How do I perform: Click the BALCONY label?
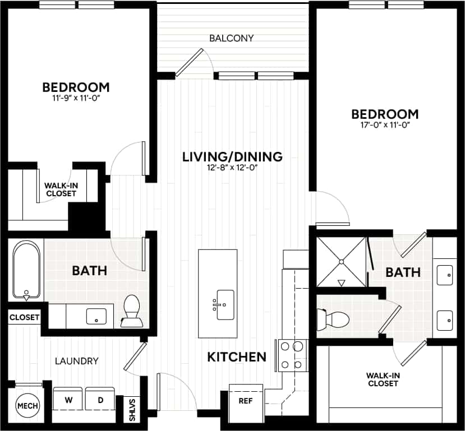click(x=232, y=39)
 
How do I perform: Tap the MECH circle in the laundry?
click(x=24, y=405)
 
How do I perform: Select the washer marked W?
click(x=68, y=400)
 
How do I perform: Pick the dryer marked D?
click(x=101, y=400)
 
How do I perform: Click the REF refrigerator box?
click(x=245, y=402)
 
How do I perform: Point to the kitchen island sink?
click(x=225, y=305)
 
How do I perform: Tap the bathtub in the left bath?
click(x=26, y=270)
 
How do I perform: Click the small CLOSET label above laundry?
click(x=24, y=317)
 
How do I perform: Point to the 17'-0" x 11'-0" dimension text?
click(x=385, y=125)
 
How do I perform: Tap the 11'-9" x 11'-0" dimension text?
click(x=76, y=99)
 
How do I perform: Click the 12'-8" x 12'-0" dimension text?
click(x=232, y=168)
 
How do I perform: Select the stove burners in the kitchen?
click(x=292, y=355)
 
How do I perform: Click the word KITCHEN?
click(x=236, y=357)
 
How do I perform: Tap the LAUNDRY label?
click(x=77, y=361)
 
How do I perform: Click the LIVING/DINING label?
click(x=232, y=156)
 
